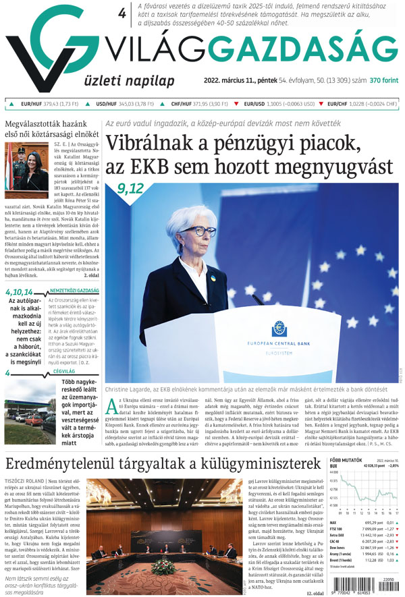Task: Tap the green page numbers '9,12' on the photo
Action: [x=130, y=190]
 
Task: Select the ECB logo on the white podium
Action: [x=279, y=329]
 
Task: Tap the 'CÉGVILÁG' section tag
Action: [x=64, y=372]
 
